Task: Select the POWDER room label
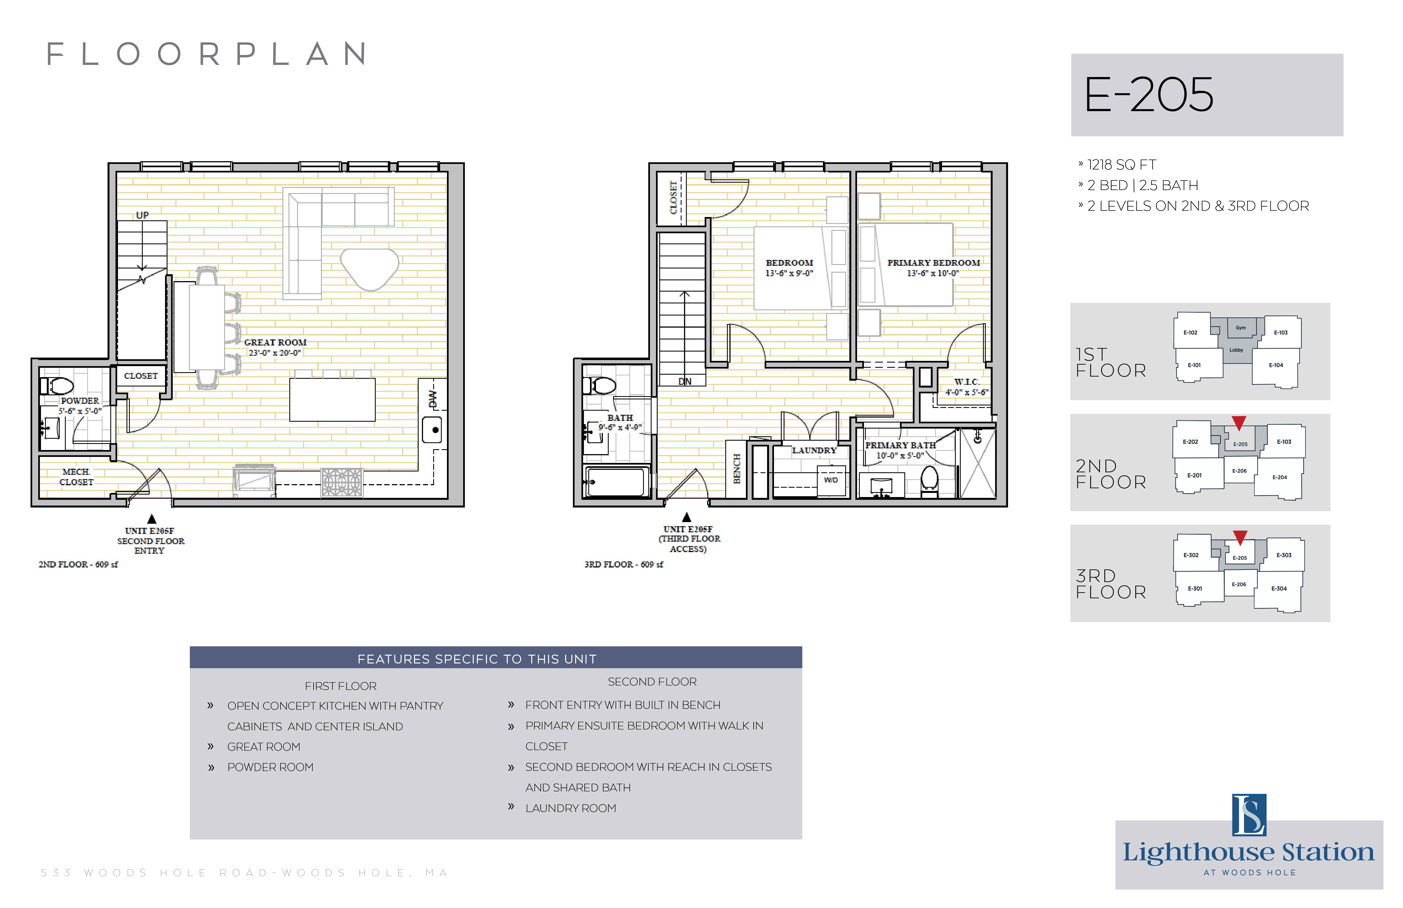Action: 80,401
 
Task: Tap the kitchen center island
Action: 333,399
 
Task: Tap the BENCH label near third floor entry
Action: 736,469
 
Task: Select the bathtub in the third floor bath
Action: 616,482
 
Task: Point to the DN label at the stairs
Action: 684,382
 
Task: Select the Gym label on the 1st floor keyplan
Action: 1241,328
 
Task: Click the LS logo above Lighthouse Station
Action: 1249,815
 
